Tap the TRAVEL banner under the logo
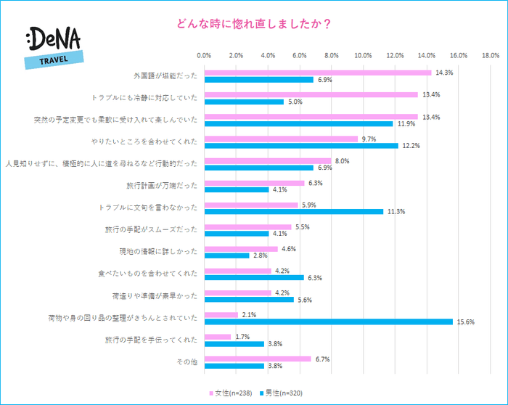point(54,60)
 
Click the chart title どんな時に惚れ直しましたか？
point(255,23)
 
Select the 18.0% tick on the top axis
point(490,55)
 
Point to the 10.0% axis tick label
point(363,55)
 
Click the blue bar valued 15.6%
point(328,322)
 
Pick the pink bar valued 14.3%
point(318,73)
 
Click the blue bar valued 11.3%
point(294,211)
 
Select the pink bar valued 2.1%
point(221,314)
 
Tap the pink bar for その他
point(258,359)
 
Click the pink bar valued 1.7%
point(218,337)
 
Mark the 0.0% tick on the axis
point(204,55)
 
